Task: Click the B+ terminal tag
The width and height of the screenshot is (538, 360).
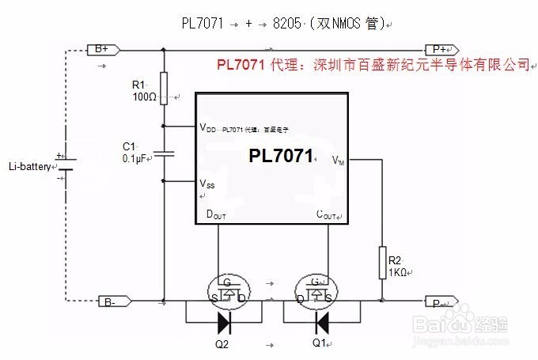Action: tap(102, 49)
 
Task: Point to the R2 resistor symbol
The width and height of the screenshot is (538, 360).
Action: tap(381, 260)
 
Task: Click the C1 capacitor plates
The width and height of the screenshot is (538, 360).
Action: tap(164, 153)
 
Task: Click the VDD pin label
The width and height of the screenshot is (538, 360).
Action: tap(207, 127)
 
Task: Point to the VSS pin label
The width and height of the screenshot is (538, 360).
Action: tap(207, 184)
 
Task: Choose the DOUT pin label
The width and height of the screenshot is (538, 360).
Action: tap(216, 214)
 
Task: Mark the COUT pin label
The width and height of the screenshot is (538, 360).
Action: tap(327, 214)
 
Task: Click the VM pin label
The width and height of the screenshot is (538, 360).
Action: tap(339, 161)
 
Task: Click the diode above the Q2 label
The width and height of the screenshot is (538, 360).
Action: tap(225, 322)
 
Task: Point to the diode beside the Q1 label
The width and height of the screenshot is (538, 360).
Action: tap(320, 322)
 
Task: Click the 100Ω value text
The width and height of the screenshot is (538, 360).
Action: tap(148, 97)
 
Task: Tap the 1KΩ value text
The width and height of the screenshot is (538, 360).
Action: tap(398, 271)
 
